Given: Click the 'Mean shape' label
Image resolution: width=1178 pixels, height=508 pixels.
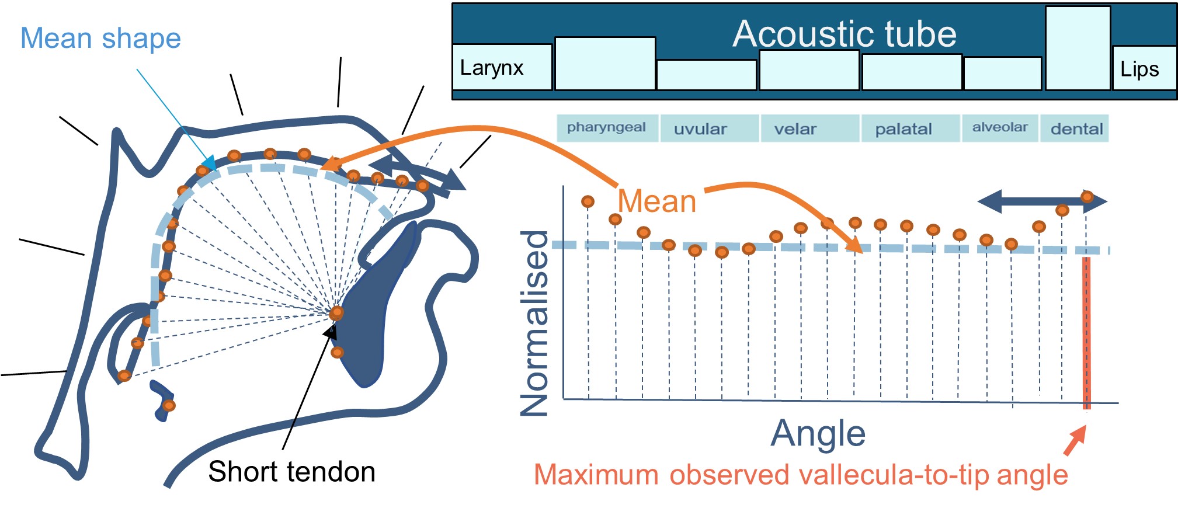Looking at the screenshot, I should [100, 39].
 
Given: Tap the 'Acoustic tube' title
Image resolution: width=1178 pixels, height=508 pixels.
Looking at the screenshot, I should [845, 34].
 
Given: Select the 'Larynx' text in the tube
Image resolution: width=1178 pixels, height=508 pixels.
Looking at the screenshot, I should [491, 68].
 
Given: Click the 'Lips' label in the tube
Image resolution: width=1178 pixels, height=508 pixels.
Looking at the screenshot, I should [1139, 69].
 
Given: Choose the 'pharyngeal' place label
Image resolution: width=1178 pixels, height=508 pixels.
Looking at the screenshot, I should [606, 128].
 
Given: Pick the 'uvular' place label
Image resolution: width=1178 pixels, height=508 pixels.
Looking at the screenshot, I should [700, 129].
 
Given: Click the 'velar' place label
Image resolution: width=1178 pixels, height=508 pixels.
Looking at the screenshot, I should [795, 129].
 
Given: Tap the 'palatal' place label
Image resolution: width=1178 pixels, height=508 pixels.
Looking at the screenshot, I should [903, 129].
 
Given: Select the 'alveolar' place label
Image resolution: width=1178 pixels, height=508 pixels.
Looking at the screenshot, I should [1000, 128].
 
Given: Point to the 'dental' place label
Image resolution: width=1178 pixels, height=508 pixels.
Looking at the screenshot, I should [1076, 129].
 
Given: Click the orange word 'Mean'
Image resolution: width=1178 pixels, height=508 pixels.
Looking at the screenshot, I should [657, 201].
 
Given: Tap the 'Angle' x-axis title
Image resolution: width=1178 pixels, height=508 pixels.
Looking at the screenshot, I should [818, 434].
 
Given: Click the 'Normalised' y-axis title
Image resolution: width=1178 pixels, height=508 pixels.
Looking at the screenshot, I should [534, 323].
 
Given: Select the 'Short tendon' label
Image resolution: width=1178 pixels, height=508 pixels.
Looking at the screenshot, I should [291, 472].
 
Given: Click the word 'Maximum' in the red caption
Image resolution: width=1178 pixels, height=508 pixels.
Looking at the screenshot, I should [596, 475].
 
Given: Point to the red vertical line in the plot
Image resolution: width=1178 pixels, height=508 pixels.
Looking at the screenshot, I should [1086, 333].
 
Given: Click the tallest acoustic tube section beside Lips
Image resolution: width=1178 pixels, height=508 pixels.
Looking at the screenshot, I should [1077, 48].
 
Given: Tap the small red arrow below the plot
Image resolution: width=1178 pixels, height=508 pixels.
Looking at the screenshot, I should [1075, 441].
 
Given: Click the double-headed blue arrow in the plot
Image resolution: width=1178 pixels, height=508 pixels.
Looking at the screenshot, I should [1042, 202].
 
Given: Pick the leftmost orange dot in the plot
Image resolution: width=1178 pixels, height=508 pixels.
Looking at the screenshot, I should [588, 201].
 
